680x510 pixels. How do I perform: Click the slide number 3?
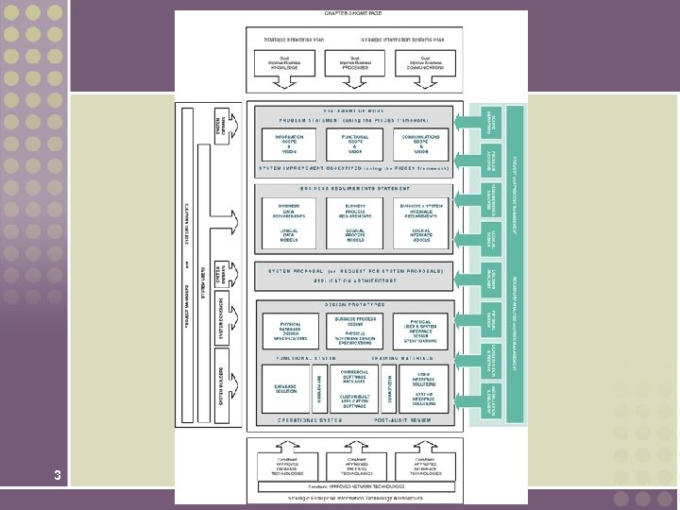(58, 475)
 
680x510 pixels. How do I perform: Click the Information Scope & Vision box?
(289, 144)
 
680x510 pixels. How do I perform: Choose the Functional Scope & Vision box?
(355, 144)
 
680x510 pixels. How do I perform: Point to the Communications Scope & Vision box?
(421, 144)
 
